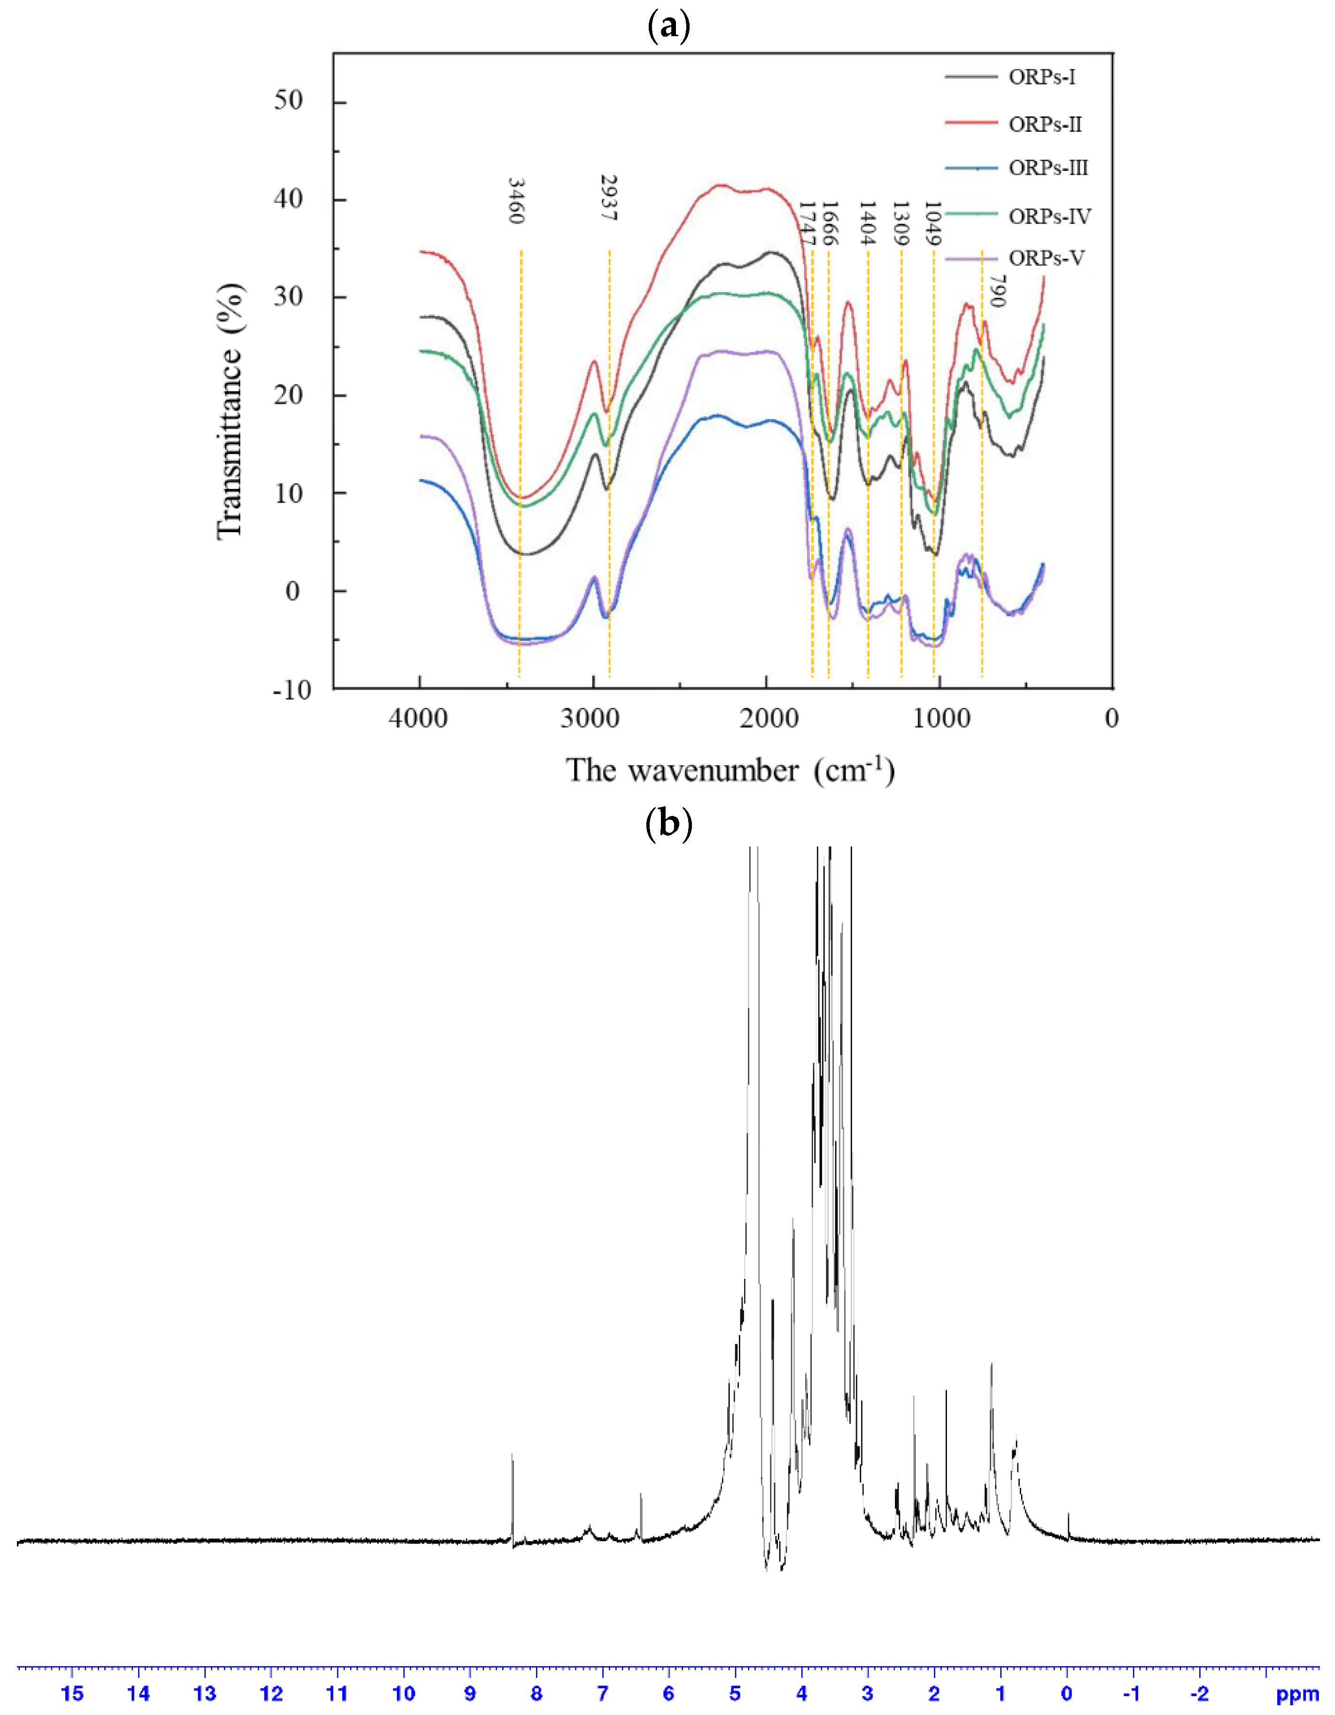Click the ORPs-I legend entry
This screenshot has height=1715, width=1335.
1041,77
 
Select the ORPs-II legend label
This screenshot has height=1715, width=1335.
1044,124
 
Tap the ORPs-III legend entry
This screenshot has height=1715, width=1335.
1048,168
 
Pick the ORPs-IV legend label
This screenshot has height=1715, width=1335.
1049,216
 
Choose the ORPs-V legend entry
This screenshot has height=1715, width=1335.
1046,258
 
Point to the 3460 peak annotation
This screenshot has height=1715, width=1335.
516,201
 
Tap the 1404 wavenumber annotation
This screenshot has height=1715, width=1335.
867,224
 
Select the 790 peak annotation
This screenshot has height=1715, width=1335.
997,291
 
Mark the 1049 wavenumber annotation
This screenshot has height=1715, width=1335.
932,224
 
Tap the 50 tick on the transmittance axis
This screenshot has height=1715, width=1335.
288,101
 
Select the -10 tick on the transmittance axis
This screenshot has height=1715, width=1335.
291,690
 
